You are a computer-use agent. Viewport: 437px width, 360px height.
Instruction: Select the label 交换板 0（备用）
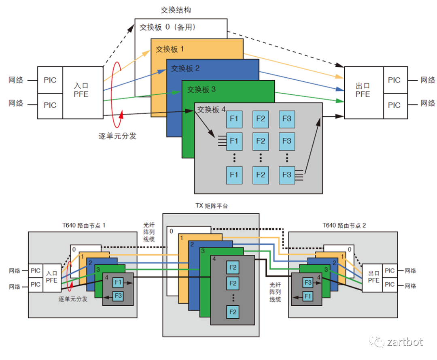click(168, 28)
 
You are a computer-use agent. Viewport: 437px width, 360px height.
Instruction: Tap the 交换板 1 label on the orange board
click(170, 49)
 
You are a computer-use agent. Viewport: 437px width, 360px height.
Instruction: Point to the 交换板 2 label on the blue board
click(185, 68)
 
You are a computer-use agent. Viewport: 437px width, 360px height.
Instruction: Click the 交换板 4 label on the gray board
click(211, 110)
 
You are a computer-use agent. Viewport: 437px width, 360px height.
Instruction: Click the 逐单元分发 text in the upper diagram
click(117, 136)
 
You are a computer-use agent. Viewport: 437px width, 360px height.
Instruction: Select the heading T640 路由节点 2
click(344, 226)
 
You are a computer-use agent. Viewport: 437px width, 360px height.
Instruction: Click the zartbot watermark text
click(405, 342)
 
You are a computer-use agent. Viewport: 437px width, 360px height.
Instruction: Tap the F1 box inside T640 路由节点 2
click(308, 296)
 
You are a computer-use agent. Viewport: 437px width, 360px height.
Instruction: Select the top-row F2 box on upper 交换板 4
click(260, 119)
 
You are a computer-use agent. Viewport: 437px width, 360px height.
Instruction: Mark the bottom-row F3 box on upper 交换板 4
click(286, 175)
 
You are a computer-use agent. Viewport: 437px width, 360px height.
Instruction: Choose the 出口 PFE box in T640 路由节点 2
click(373, 277)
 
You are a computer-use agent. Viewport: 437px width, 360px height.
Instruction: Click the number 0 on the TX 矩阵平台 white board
click(171, 231)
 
